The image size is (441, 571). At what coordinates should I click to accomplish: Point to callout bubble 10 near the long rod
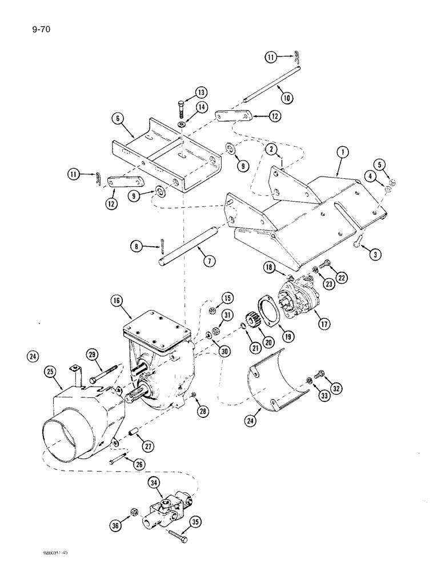pyautogui.click(x=287, y=98)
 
